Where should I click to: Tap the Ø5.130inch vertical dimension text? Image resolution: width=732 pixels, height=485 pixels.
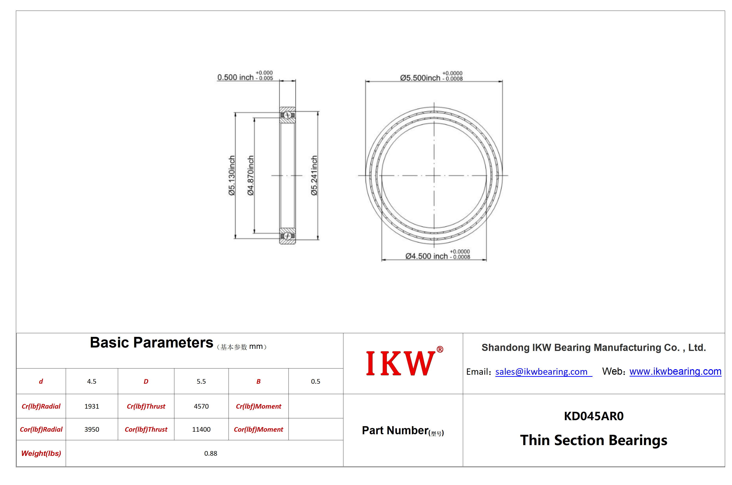pyautogui.click(x=232, y=175)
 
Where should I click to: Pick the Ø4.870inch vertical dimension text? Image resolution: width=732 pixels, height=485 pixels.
pyautogui.click(x=250, y=175)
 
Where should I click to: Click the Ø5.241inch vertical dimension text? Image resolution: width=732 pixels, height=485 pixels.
pyautogui.click(x=314, y=175)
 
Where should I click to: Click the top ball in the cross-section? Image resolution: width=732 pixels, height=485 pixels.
pyautogui.click(x=287, y=115)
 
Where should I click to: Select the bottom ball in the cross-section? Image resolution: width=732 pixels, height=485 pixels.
pyautogui.click(x=287, y=236)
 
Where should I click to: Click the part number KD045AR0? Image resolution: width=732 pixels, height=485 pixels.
pyautogui.click(x=594, y=416)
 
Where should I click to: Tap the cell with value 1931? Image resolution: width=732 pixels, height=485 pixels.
pyautogui.click(x=92, y=406)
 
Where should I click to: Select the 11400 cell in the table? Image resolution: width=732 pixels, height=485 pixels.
pyautogui.click(x=201, y=429)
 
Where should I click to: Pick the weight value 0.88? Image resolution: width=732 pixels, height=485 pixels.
pyautogui.click(x=211, y=453)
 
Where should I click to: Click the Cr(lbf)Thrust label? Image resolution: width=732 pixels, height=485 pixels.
pyautogui.click(x=146, y=406)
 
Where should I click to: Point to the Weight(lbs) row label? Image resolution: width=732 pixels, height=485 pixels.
pyautogui.click(x=41, y=453)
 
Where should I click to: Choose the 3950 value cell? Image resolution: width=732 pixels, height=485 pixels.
pyautogui.click(x=92, y=429)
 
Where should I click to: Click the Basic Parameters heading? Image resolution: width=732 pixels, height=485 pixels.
pyautogui.click(x=152, y=342)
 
